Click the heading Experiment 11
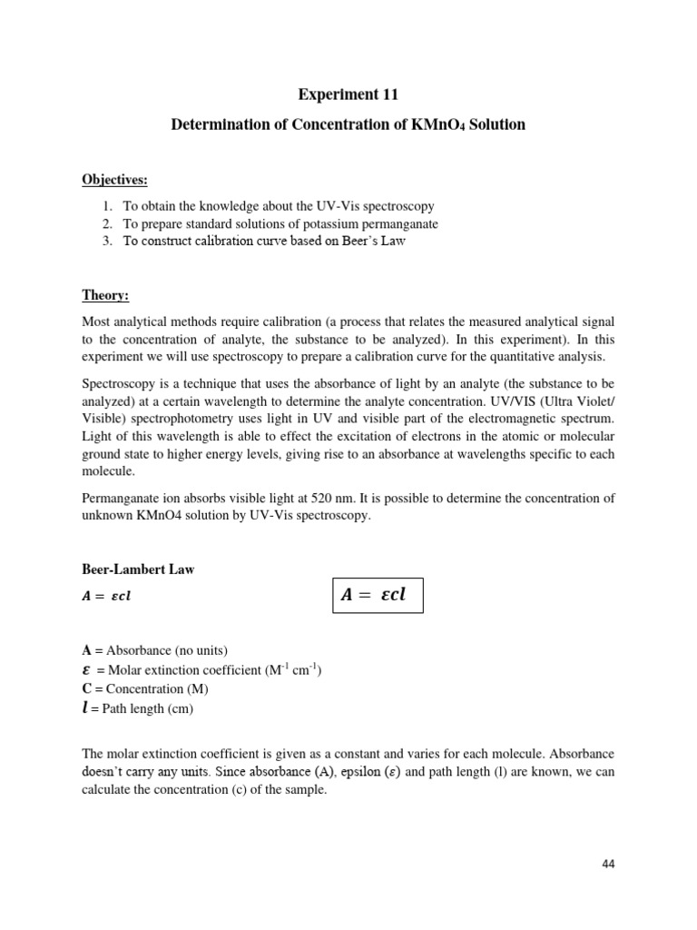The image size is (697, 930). tap(348, 94)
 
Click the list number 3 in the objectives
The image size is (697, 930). tap(106, 241)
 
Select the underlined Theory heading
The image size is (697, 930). tap(105, 296)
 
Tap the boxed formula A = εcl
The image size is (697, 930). tap(375, 596)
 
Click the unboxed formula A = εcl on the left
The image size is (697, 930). tap(113, 597)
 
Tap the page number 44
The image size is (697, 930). tap(608, 864)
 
